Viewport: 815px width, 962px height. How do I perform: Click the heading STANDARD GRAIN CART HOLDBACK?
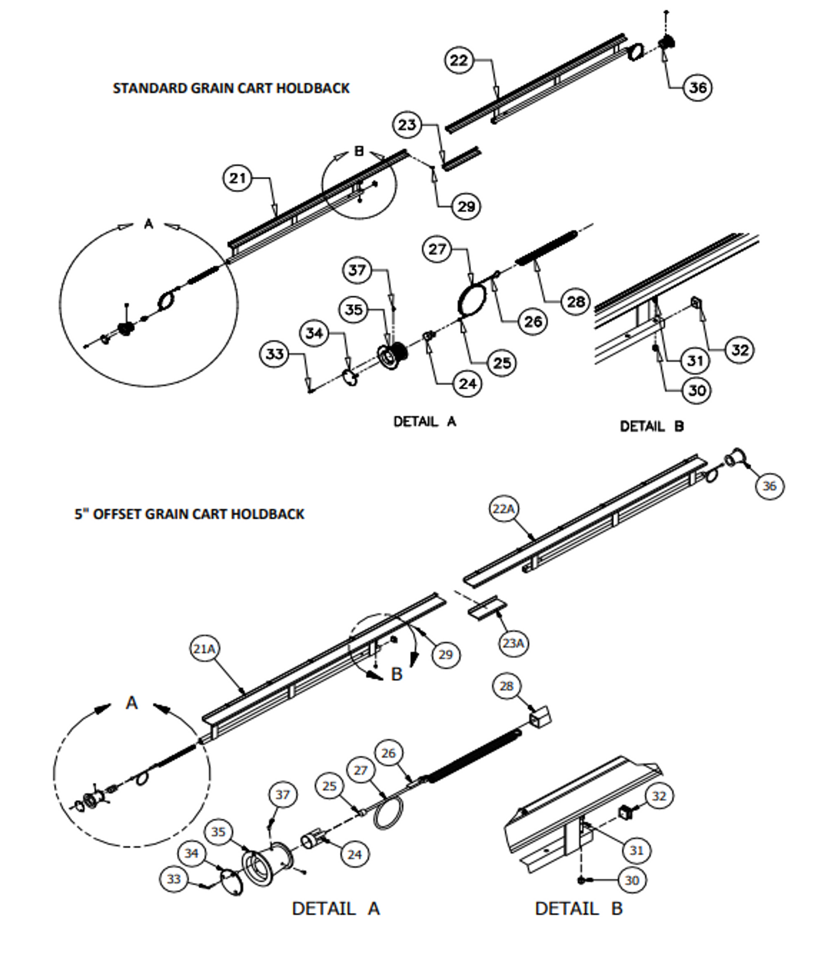tap(231, 88)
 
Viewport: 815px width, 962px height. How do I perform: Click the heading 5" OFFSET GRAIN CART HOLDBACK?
tap(189, 514)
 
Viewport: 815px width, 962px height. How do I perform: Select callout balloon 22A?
tap(503, 509)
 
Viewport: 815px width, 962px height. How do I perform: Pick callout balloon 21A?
tap(204, 649)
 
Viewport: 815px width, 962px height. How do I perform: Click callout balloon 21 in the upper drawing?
tap(237, 178)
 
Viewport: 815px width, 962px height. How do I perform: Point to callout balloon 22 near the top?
tap(459, 60)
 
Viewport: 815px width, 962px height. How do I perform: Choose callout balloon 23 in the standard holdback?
tap(407, 125)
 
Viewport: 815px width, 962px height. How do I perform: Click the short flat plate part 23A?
tap(487, 608)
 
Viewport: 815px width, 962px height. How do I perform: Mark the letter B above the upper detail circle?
tap(359, 151)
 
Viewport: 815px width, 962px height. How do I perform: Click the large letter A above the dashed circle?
tap(132, 703)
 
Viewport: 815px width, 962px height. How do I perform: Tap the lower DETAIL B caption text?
tap(578, 909)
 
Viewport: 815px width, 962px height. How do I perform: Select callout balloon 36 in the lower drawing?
tap(769, 486)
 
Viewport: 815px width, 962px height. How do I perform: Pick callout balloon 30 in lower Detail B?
tap(632, 880)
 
